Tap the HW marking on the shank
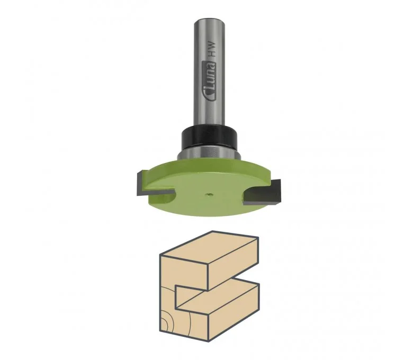click(211, 50)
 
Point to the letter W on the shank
click(211, 46)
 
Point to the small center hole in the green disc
click(208, 195)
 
